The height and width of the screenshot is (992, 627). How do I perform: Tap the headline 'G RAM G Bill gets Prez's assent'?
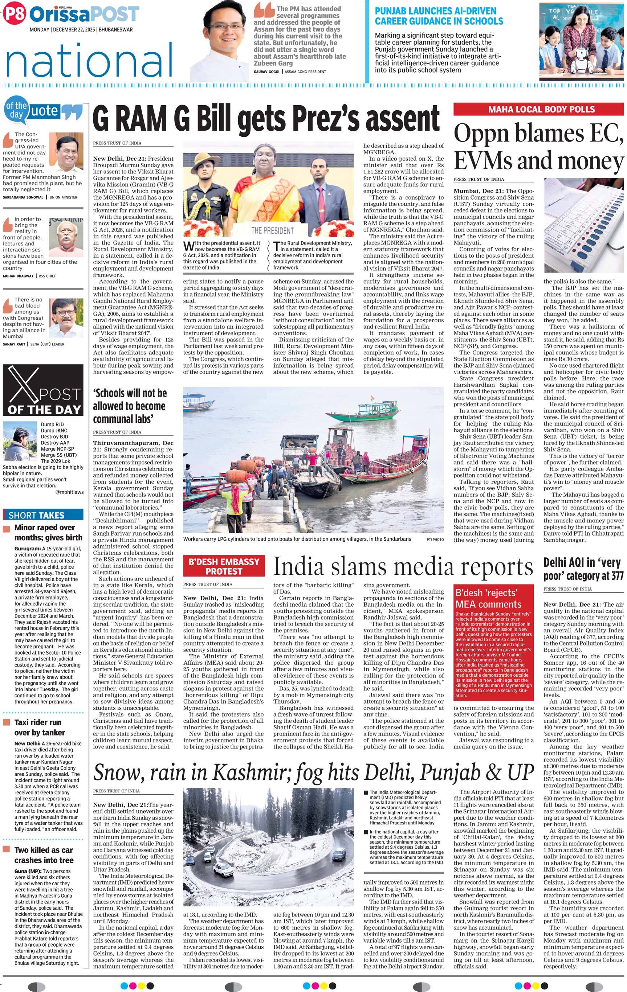pos(266,118)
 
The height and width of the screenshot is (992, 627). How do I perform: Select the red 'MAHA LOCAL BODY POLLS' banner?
pos(538,109)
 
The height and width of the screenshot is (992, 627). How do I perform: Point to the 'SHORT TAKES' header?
pos(37,515)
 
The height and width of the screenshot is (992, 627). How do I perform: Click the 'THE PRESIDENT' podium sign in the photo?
pos(273,231)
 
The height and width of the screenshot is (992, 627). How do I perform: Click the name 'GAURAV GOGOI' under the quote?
pos(266,72)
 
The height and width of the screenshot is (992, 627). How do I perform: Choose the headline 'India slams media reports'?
pos(403,566)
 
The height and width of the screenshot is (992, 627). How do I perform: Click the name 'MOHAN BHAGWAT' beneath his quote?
pos(19,276)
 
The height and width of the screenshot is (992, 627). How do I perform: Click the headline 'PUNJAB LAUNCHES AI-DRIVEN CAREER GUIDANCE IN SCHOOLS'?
pos(439,16)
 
